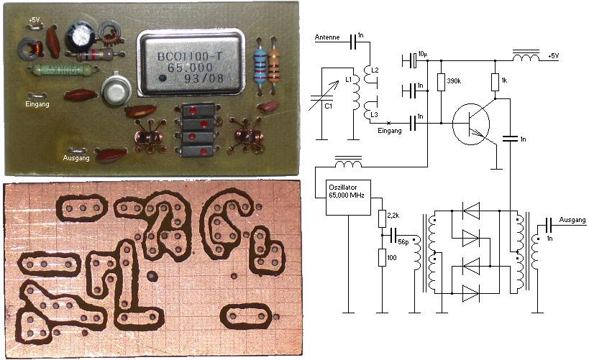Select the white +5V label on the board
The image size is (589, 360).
(x=34, y=19)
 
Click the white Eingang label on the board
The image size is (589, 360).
(x=37, y=105)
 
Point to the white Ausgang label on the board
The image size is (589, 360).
(x=76, y=158)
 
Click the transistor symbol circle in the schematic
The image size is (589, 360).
(x=472, y=124)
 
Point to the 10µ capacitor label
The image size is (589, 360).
(x=423, y=54)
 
